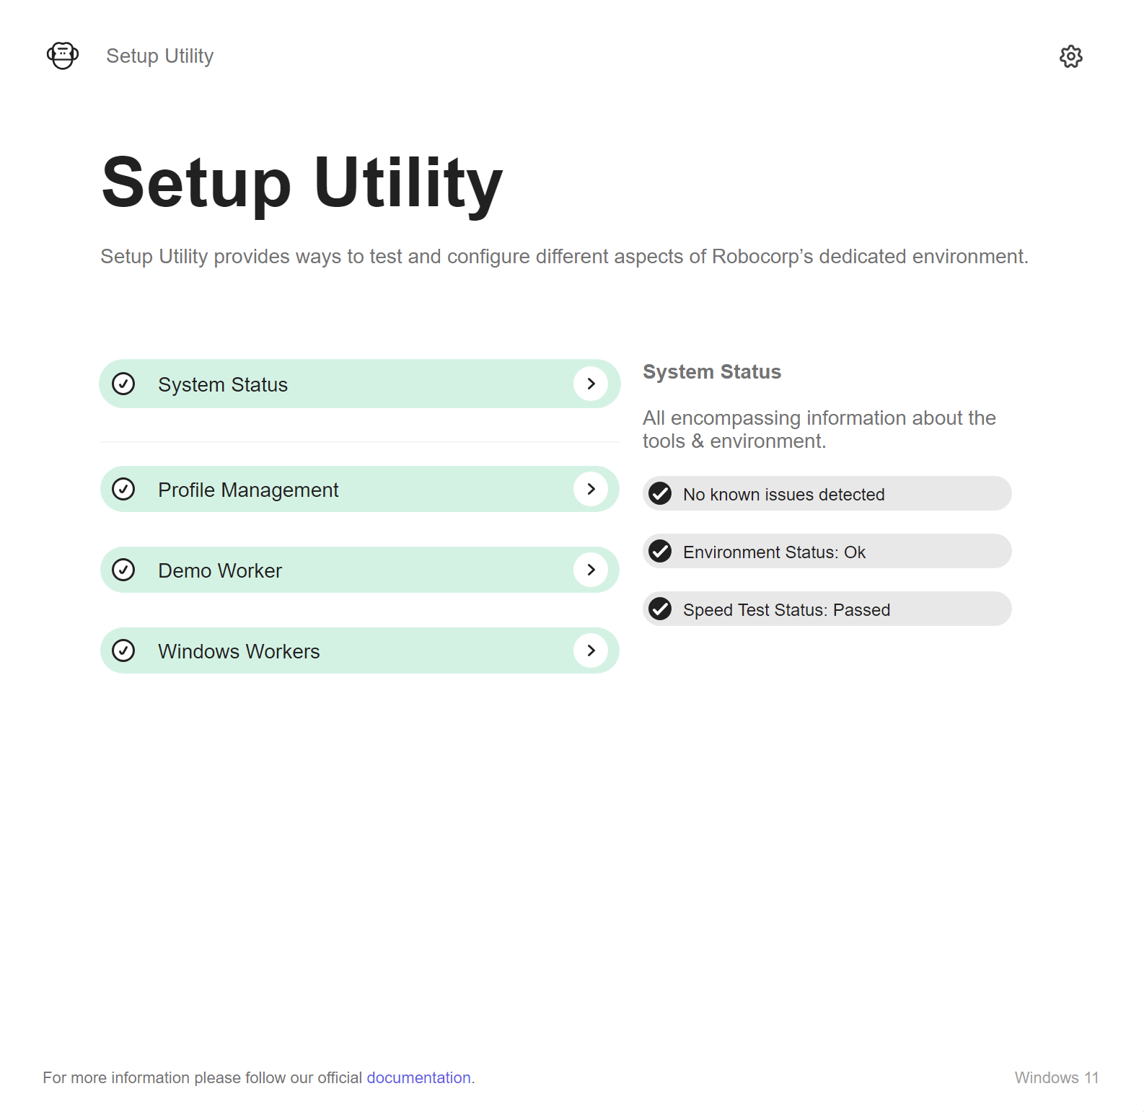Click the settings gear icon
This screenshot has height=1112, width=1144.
pyautogui.click(x=1070, y=56)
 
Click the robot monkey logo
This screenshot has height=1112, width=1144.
pyautogui.click(x=63, y=56)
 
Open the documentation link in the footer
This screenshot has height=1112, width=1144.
pyautogui.click(x=418, y=1077)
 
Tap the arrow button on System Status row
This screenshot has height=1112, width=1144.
pyautogui.click(x=591, y=384)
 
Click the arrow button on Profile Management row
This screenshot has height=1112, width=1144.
pyautogui.click(x=591, y=489)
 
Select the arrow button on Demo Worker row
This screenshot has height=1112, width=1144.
pyautogui.click(x=591, y=570)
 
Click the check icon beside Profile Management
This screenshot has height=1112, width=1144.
pyautogui.click(x=123, y=489)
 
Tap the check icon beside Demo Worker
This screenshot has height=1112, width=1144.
pyautogui.click(x=123, y=570)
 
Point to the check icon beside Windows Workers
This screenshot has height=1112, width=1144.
pyautogui.click(x=123, y=650)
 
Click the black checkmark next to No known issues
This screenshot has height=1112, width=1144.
pyautogui.click(x=660, y=493)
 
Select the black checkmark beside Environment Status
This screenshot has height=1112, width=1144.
pyautogui.click(x=660, y=551)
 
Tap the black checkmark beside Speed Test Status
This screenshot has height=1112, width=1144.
pyautogui.click(x=660, y=609)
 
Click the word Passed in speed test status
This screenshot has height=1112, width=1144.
pyautogui.click(x=861, y=610)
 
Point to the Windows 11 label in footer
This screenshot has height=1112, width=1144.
pyautogui.click(x=1057, y=1077)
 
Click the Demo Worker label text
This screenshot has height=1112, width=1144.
pyautogui.click(x=220, y=570)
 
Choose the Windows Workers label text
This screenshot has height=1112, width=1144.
pyautogui.click(x=239, y=651)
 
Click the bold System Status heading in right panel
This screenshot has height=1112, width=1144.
pyautogui.click(x=712, y=371)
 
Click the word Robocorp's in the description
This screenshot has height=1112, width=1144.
pyautogui.click(x=762, y=257)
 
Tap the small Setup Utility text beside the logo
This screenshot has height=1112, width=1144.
pyautogui.click(x=160, y=56)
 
